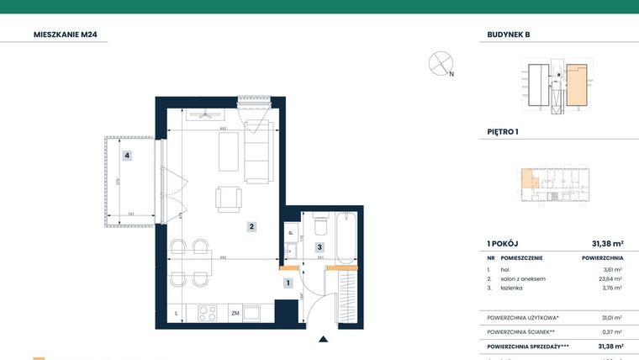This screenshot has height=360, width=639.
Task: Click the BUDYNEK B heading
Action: (x=509, y=34)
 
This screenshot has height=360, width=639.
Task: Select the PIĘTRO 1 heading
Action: (x=503, y=132)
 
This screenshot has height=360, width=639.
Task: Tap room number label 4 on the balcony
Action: (x=126, y=155)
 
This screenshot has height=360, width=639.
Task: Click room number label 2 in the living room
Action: (x=251, y=226)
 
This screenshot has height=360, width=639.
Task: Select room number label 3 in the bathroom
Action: (x=319, y=247)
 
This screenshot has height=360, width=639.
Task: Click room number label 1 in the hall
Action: (x=288, y=283)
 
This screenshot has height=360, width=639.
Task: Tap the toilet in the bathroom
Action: (x=319, y=225)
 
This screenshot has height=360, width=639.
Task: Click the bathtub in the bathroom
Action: (x=346, y=236)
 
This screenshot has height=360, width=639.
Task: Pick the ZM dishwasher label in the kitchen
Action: (x=235, y=313)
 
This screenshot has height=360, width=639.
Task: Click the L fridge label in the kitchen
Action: (x=177, y=313)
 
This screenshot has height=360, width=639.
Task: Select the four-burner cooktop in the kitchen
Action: (x=207, y=313)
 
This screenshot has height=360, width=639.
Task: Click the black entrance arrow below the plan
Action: (x=323, y=340)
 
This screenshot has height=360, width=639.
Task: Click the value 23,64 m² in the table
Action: (x=611, y=278)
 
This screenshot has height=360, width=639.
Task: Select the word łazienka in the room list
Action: (x=510, y=288)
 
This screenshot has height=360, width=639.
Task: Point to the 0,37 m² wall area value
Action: (x=612, y=331)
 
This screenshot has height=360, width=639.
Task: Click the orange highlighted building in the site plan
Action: (x=576, y=86)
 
